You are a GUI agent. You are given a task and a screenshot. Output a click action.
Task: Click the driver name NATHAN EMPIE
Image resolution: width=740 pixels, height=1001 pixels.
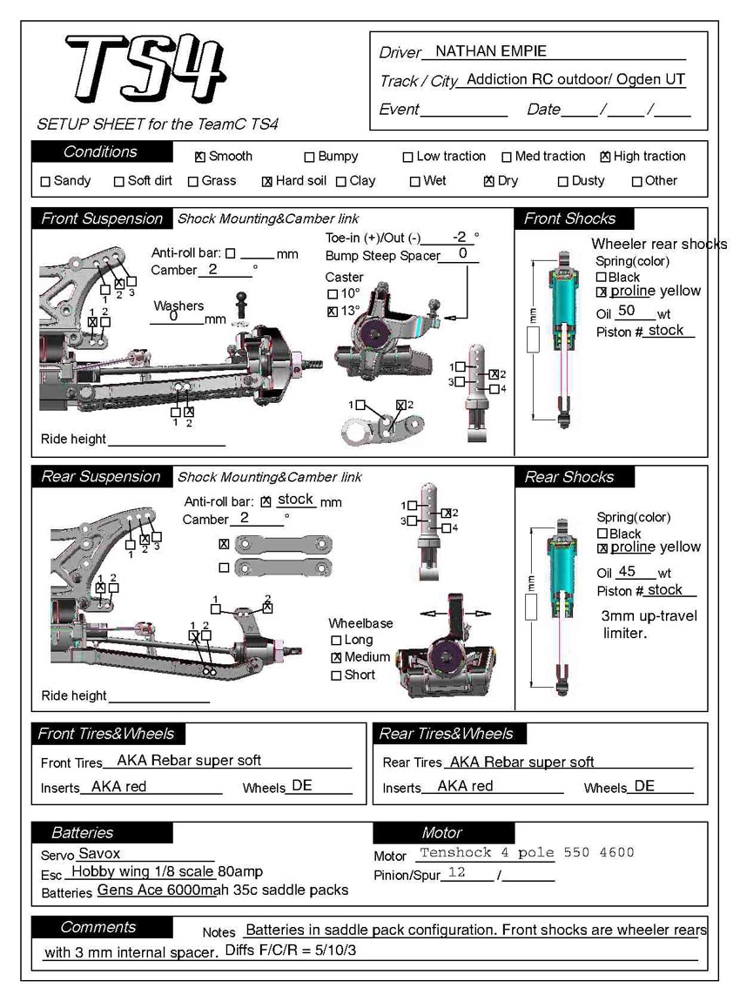pyautogui.click(x=490, y=51)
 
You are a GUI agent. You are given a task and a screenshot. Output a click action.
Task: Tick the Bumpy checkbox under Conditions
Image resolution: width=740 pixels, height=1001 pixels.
pyautogui.click(x=309, y=158)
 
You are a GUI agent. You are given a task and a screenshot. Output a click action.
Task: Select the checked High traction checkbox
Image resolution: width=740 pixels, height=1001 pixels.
pyautogui.click(x=605, y=158)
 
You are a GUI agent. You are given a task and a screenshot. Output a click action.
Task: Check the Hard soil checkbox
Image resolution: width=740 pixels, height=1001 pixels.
pyautogui.click(x=267, y=182)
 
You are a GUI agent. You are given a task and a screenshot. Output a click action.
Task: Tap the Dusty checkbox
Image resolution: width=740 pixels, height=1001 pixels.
pyautogui.click(x=563, y=182)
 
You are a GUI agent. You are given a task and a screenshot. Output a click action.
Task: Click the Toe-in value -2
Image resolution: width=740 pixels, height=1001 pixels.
pyautogui.click(x=461, y=237)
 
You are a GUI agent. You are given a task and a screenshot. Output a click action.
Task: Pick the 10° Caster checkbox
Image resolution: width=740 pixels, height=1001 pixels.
pyautogui.click(x=332, y=294)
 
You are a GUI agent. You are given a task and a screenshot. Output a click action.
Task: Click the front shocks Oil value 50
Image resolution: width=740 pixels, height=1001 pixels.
pyautogui.click(x=626, y=311)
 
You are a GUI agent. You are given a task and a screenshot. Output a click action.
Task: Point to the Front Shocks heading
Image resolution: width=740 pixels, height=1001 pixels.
pyautogui.click(x=569, y=218)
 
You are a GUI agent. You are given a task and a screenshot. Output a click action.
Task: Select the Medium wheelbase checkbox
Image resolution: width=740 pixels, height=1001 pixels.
pyautogui.click(x=336, y=657)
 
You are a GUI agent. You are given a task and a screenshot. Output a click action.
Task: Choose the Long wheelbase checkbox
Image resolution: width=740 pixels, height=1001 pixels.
pyautogui.click(x=336, y=641)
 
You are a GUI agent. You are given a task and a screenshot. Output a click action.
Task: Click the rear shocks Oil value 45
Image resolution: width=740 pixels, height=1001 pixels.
pyautogui.click(x=627, y=572)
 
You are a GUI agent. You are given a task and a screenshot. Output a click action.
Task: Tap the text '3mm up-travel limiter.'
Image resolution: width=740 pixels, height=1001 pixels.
pyautogui.click(x=649, y=625)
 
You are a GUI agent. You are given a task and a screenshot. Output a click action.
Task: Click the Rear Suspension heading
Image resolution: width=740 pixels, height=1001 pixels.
pyautogui.click(x=101, y=477)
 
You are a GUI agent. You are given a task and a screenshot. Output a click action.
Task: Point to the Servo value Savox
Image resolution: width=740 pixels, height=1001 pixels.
pyautogui.click(x=99, y=854)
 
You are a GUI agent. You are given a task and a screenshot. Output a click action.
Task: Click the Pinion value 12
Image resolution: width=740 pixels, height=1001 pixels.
pyautogui.click(x=456, y=872)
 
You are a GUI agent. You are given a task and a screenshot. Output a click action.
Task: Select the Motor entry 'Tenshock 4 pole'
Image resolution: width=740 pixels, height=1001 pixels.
pyautogui.click(x=487, y=853)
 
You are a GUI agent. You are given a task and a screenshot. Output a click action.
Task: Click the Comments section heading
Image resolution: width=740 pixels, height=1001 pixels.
pyautogui.click(x=98, y=927)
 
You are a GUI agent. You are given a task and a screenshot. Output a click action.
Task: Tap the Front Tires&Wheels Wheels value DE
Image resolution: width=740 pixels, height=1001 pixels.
pyautogui.click(x=301, y=786)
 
